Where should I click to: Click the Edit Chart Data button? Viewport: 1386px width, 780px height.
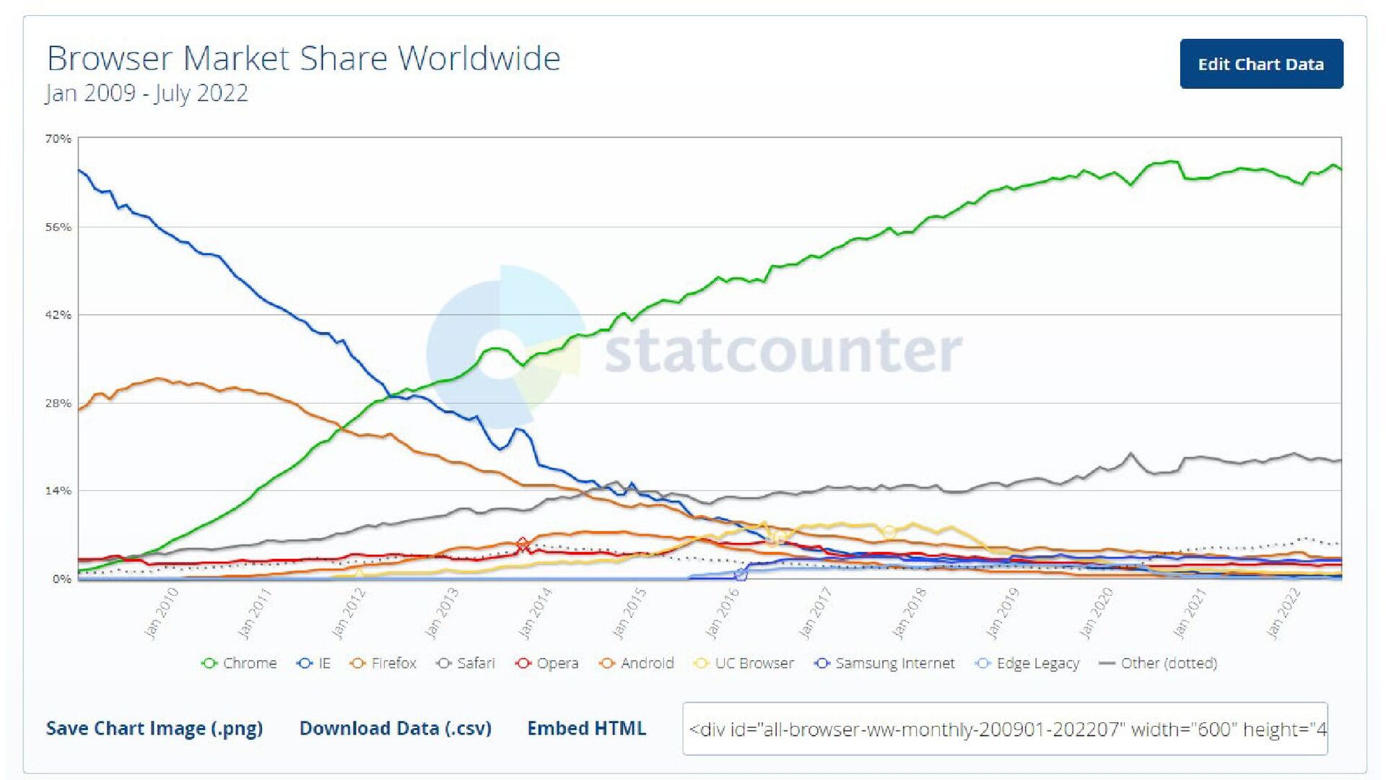(1261, 64)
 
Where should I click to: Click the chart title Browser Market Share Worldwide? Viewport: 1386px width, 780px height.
(303, 58)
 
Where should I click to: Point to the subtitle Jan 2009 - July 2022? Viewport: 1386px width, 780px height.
(147, 93)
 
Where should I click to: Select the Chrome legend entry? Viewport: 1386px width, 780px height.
(240, 663)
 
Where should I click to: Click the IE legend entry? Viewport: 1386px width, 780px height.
(314, 663)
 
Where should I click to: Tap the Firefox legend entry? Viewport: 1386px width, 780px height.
(383, 663)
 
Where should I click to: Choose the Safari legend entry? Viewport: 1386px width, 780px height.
(466, 663)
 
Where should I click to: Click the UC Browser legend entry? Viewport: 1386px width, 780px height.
(744, 663)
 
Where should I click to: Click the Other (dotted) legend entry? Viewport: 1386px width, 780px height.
(1158, 663)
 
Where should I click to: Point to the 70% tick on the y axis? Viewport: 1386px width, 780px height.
(58, 139)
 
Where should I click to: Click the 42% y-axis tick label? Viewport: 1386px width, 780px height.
(58, 315)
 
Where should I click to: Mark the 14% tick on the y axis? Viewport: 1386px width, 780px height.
(58, 491)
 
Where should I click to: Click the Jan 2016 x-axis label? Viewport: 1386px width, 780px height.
(723, 613)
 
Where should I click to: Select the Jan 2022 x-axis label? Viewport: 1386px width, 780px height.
(1283, 613)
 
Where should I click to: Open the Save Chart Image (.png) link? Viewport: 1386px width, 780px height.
(154, 728)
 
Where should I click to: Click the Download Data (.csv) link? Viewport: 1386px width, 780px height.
(396, 728)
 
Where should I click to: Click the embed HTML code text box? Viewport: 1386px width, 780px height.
(1005, 729)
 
